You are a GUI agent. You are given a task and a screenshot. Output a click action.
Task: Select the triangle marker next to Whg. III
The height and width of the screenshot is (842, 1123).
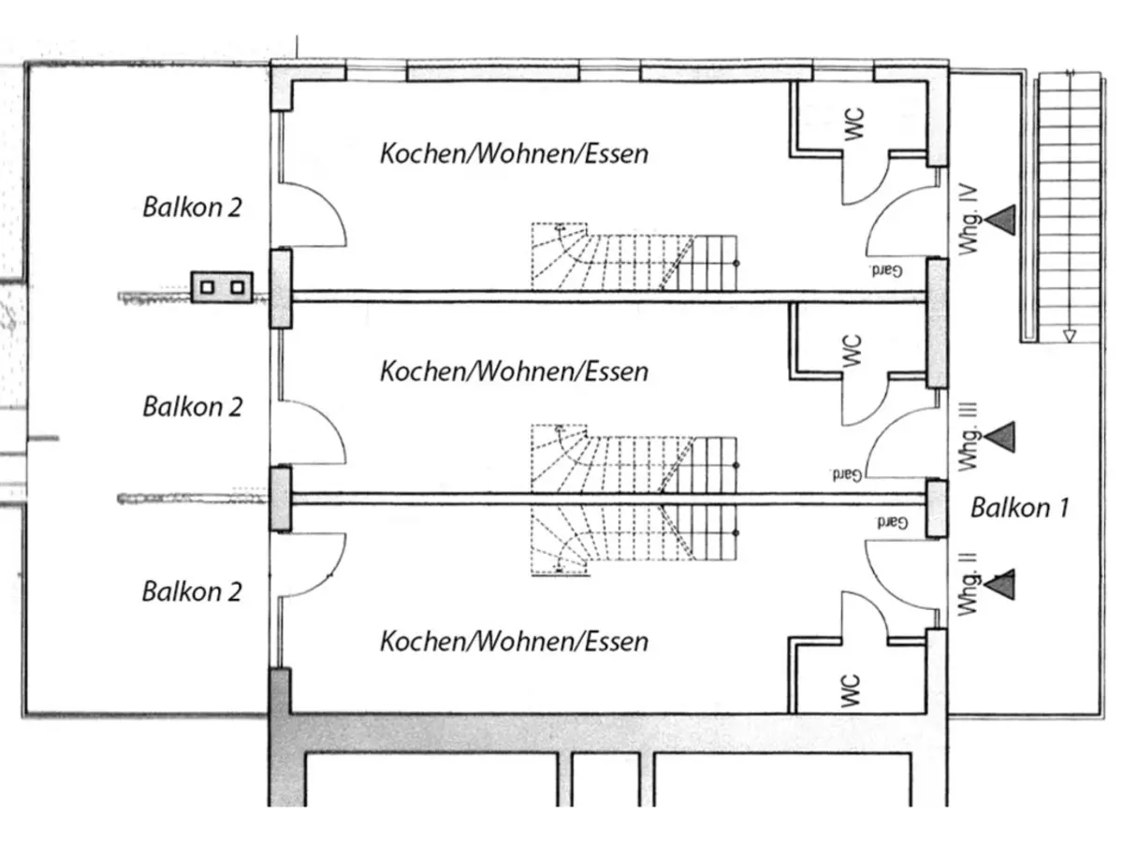(x=1000, y=435)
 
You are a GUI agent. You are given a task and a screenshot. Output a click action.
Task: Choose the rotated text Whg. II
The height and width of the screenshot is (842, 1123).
(x=969, y=585)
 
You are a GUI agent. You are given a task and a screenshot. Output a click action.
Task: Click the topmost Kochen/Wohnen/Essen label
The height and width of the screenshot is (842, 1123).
(x=513, y=153)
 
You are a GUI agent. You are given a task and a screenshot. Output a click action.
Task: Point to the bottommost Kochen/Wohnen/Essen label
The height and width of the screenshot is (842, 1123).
(x=513, y=642)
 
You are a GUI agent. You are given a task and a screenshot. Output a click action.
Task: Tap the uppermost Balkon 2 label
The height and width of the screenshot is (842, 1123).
(x=192, y=207)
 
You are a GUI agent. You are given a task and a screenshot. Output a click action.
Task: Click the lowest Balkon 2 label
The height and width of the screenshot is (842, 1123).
(x=192, y=591)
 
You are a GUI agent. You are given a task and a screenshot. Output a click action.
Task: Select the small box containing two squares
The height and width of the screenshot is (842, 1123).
(x=222, y=286)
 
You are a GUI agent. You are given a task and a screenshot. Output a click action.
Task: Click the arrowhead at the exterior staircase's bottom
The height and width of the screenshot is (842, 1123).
(x=1070, y=336)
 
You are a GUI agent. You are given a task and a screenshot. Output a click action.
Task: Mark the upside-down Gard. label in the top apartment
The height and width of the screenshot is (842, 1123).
(x=886, y=270)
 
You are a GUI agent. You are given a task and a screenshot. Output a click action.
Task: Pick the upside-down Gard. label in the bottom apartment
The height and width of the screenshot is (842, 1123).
(x=892, y=521)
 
